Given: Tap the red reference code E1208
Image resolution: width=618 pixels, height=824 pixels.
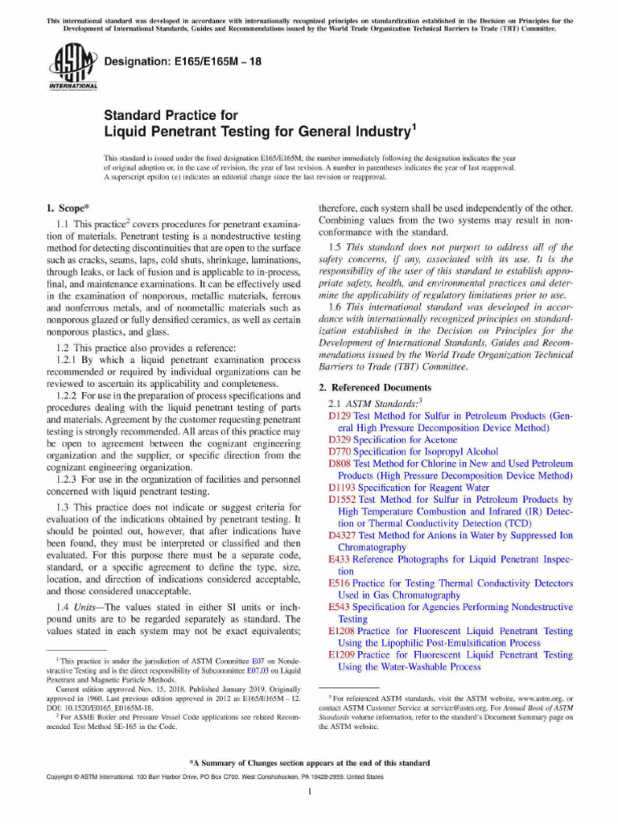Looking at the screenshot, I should tap(343, 632).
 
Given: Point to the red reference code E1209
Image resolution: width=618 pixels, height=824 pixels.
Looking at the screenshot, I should tap(343, 655).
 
